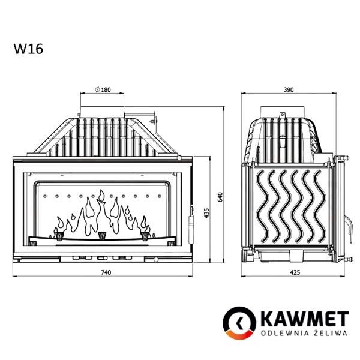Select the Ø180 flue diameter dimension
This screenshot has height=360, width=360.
(x=103, y=89)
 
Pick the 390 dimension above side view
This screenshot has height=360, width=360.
(x=288, y=89)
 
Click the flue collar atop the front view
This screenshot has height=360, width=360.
(x=103, y=112)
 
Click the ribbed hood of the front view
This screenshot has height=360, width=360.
(x=103, y=135)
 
